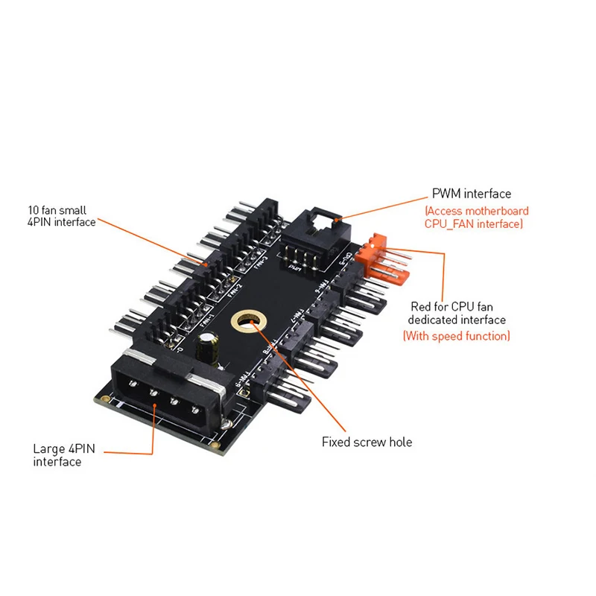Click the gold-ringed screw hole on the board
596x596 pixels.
click(x=245, y=321)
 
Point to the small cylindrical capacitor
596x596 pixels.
click(x=208, y=347)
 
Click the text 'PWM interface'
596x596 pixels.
click(x=471, y=194)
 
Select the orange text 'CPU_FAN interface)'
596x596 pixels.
click(x=475, y=223)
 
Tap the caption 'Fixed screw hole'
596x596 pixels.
click(x=367, y=442)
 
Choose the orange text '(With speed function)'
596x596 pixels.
click(x=457, y=336)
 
